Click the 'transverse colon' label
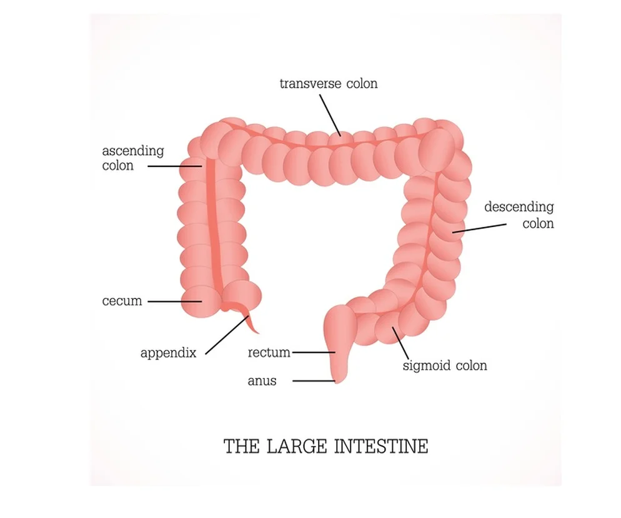(329, 83)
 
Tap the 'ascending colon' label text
(132, 158)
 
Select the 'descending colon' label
(519, 215)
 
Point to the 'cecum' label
(122, 301)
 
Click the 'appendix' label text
(168, 353)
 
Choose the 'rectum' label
(269, 352)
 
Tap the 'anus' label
(261, 380)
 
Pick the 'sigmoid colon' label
(444, 365)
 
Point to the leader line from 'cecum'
(174, 301)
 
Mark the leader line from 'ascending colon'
(174, 166)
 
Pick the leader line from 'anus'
(312, 380)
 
